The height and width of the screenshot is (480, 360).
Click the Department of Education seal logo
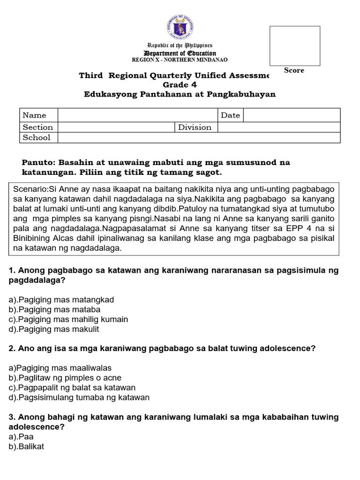[180, 28]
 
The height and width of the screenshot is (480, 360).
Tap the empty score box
[294, 45]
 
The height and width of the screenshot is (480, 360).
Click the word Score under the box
[294, 70]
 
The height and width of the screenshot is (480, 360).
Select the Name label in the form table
[35, 115]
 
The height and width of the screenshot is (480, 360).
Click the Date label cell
[231, 115]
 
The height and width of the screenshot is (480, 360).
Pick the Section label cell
[38, 127]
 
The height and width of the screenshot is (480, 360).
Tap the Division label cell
[195, 127]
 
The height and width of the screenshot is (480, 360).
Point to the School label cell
[37, 137]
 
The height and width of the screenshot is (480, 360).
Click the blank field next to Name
[138, 115]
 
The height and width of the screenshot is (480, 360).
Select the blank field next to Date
[292, 115]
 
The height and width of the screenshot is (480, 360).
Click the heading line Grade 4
[180, 85]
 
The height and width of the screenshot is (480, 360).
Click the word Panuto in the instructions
[37, 163]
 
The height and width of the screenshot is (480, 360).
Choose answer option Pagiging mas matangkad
[61, 300]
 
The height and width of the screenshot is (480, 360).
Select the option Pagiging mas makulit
[54, 329]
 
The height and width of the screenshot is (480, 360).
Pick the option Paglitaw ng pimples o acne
[65, 378]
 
